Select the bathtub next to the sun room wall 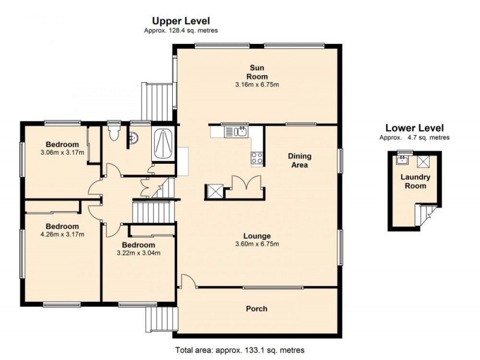pos(163,144)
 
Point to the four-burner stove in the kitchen pos(257,158)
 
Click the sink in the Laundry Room pos(402,160)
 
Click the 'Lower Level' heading pos(414,128)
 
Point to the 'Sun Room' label pos(257,71)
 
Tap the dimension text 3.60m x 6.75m pos(257,244)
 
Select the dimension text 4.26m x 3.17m pos(62,235)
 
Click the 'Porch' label pos(257,309)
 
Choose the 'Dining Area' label pos(300,160)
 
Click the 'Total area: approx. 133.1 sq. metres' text pos(239,350)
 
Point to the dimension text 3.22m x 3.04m pos(139,253)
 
